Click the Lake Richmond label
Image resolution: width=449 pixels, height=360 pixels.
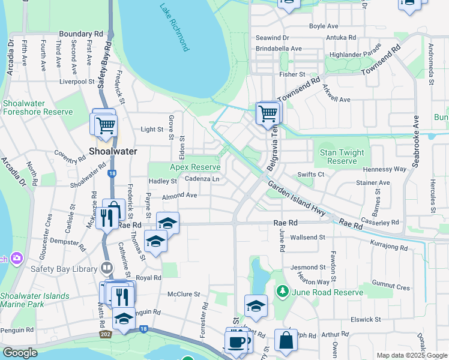[175, 28]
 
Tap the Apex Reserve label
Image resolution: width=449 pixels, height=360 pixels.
[195, 167]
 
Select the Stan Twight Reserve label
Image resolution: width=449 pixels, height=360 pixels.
[342, 157]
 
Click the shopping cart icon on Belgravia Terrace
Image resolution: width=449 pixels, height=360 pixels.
[267, 112]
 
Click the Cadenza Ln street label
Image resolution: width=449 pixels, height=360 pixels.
[202, 179]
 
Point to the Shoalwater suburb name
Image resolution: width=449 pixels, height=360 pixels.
[113, 151]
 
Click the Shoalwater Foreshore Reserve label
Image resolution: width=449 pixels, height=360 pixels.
[37, 107]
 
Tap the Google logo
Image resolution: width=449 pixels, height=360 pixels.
[20, 353]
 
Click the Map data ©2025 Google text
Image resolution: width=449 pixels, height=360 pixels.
[411, 355]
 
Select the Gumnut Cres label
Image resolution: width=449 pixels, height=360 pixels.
[390, 288]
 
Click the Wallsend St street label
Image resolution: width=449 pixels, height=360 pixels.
[307, 238]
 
